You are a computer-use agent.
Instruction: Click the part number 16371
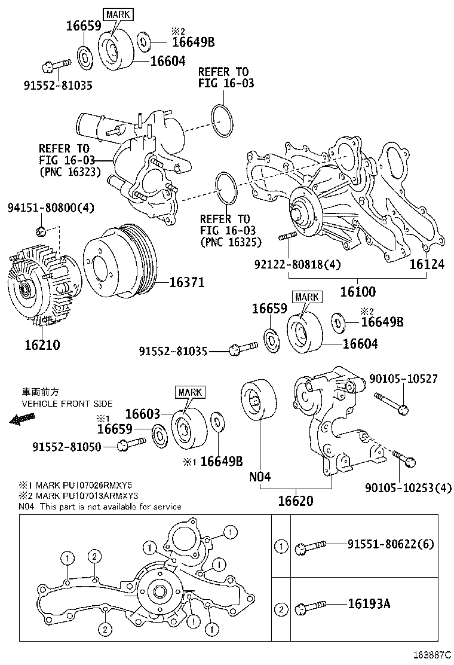[x=186, y=282]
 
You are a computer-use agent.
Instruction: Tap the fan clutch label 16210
[x=42, y=345]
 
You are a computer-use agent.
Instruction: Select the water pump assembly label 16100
[x=358, y=292]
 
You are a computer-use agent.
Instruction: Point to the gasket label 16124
[x=427, y=264]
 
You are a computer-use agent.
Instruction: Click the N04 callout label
[x=260, y=477]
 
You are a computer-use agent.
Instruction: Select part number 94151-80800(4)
[x=51, y=208]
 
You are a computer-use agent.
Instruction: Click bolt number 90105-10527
[x=403, y=379]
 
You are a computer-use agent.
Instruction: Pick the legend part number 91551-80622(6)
[x=391, y=544]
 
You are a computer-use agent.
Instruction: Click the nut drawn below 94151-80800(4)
[x=40, y=231]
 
